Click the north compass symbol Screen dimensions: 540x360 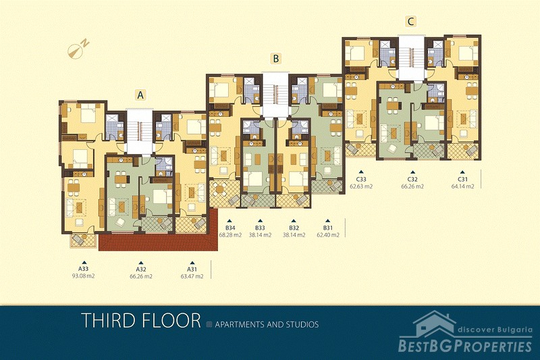click(78, 48)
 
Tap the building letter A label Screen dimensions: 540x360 click(140, 95)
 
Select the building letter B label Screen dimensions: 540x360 click(275, 59)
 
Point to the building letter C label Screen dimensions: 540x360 click(410, 22)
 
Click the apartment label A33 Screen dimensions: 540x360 click(82, 269)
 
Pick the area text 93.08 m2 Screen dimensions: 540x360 click(82, 276)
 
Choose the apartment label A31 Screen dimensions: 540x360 click(192, 269)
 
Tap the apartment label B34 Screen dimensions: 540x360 click(230, 228)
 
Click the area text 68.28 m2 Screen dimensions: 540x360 click(230, 235)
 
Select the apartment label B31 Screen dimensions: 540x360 click(328, 228)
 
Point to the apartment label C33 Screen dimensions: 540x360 click(361, 179)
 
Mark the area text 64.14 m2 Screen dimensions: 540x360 click(462, 186)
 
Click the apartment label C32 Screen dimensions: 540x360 click(412, 179)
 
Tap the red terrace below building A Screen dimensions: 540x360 click(159, 241)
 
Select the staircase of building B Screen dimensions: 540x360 click(275, 94)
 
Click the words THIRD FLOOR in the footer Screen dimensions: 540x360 click(141, 320)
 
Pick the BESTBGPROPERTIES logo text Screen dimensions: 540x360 click(465, 346)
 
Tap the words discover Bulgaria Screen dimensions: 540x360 click(495, 330)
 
